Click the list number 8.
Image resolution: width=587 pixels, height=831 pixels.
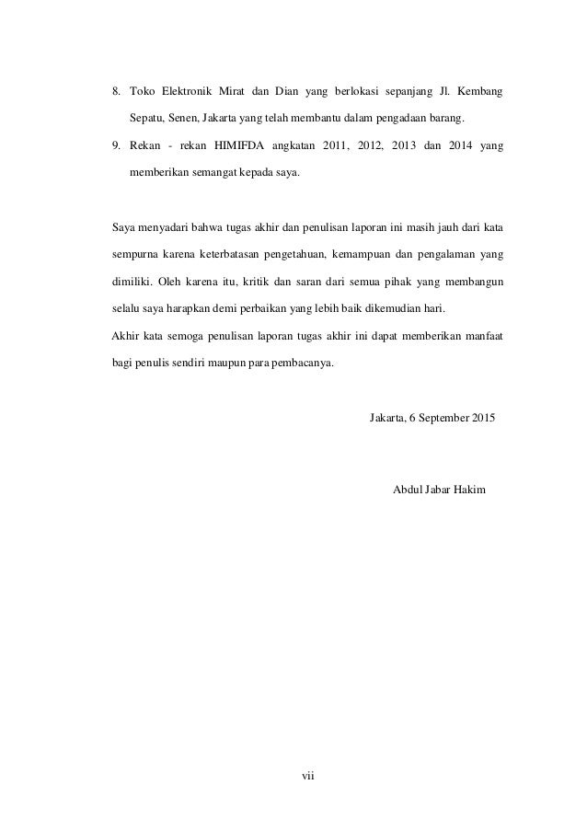[x=115, y=93]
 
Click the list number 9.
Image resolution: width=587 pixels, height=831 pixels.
[x=115, y=146]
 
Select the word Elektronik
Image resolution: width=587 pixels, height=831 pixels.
[x=189, y=93]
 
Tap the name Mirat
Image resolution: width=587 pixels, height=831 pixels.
[x=245, y=93]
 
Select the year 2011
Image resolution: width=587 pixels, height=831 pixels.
[x=338, y=146]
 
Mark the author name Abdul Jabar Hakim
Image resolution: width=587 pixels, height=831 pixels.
[x=441, y=487]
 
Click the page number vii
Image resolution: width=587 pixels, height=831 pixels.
[x=309, y=778]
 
